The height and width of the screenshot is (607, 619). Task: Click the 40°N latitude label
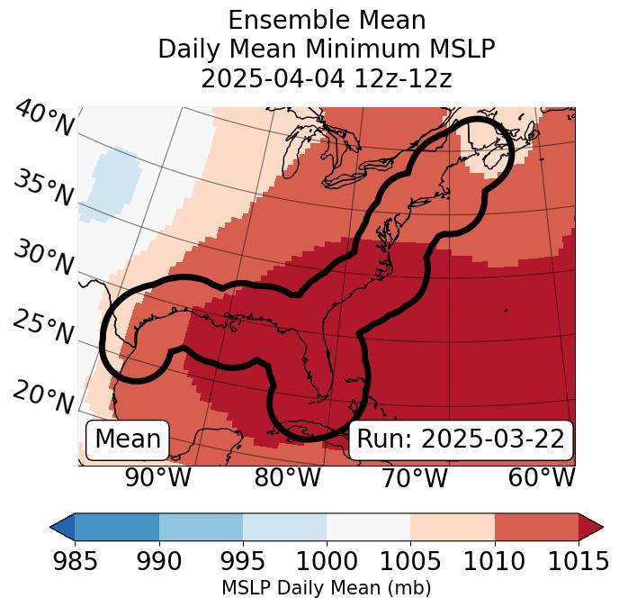pyautogui.click(x=44, y=119)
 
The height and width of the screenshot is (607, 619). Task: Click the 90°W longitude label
pyautogui.click(x=157, y=477)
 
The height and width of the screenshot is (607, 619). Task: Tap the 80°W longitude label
pyautogui.click(x=287, y=477)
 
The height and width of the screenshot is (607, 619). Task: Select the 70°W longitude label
pyautogui.click(x=414, y=477)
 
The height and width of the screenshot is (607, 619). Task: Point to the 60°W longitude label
pyautogui.click(x=542, y=477)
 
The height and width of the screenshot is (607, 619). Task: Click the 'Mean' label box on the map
pyautogui.click(x=128, y=439)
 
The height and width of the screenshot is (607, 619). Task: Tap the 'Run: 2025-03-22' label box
pyautogui.click(x=461, y=439)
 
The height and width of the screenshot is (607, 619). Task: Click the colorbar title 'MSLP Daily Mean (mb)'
pyautogui.click(x=326, y=588)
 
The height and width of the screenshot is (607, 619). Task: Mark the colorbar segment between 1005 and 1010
pyautogui.click(x=453, y=526)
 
